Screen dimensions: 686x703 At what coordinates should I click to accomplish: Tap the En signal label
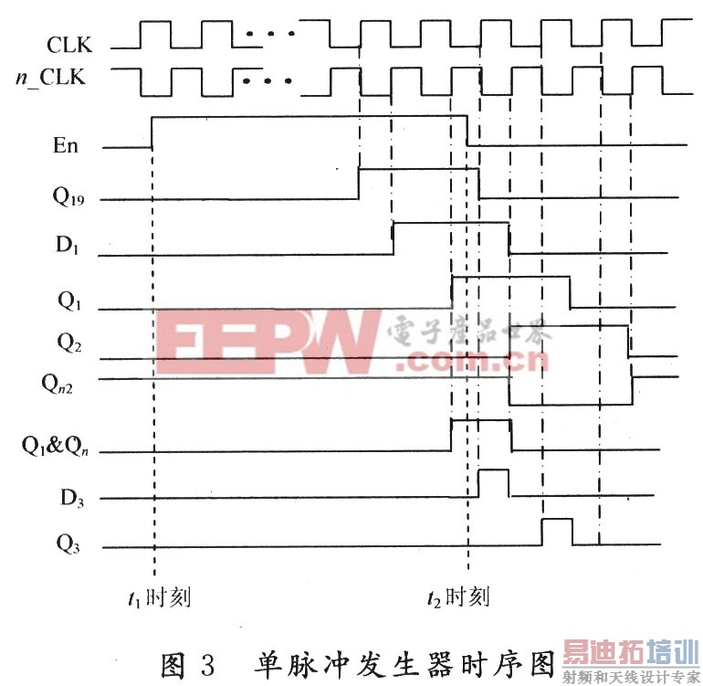coord(66,145)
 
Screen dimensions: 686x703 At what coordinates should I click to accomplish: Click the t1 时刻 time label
coord(159,598)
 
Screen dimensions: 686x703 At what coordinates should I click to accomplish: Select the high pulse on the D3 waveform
coord(494,481)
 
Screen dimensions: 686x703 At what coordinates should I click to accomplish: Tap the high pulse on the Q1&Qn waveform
coord(481,434)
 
